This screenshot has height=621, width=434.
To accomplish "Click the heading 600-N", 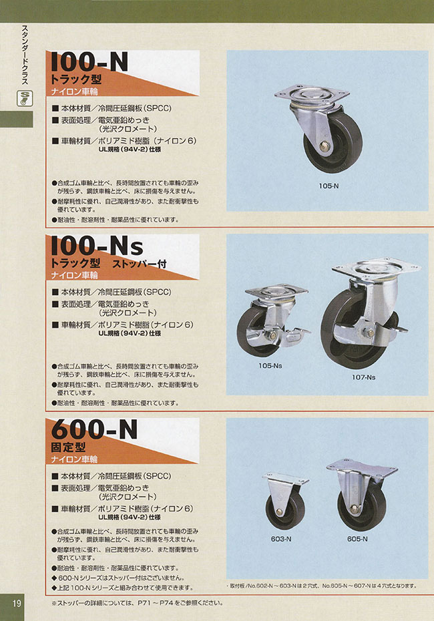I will [x=95, y=429].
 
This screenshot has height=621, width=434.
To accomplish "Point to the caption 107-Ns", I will [x=364, y=377].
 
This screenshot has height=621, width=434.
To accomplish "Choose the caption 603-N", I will [x=279, y=538].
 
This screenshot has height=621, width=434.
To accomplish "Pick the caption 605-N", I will [x=357, y=538].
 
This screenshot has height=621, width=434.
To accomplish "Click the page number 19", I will [x=17, y=604].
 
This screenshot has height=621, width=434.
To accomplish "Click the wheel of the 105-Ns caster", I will [x=261, y=331].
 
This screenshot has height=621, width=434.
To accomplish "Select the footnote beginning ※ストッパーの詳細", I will [x=136, y=603].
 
